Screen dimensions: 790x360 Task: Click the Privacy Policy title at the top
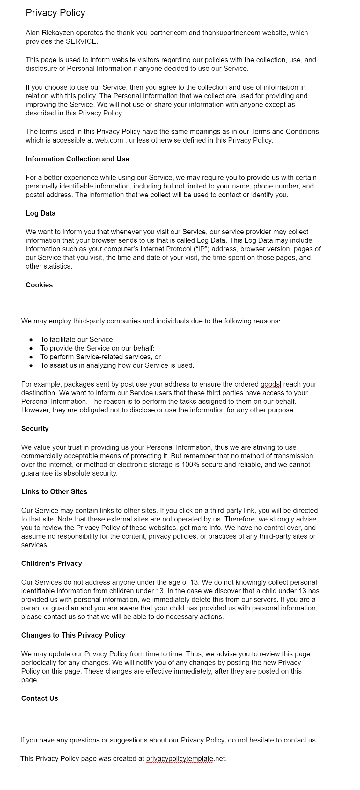tap(55, 13)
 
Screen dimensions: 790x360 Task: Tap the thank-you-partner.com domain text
tap(151, 33)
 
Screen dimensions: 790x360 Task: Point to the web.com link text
tap(109, 140)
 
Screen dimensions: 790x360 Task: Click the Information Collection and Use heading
tap(77, 159)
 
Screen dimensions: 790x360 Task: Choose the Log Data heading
tap(40, 213)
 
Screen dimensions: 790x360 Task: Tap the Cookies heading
tap(39, 285)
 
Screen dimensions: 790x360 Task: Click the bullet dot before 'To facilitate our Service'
tap(31, 340)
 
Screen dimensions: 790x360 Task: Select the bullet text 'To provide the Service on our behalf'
tap(97, 348)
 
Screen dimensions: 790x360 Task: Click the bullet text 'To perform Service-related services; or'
tap(100, 357)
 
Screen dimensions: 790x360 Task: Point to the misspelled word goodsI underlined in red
tap(271, 384)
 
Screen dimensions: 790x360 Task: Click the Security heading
tap(35, 429)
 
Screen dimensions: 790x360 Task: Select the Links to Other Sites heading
tap(54, 492)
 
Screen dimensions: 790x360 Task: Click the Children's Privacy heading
tap(52, 564)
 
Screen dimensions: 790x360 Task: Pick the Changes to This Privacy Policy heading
tap(73, 635)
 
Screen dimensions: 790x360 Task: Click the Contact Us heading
tap(40, 698)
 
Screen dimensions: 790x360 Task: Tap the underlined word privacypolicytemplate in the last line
tap(180, 759)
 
